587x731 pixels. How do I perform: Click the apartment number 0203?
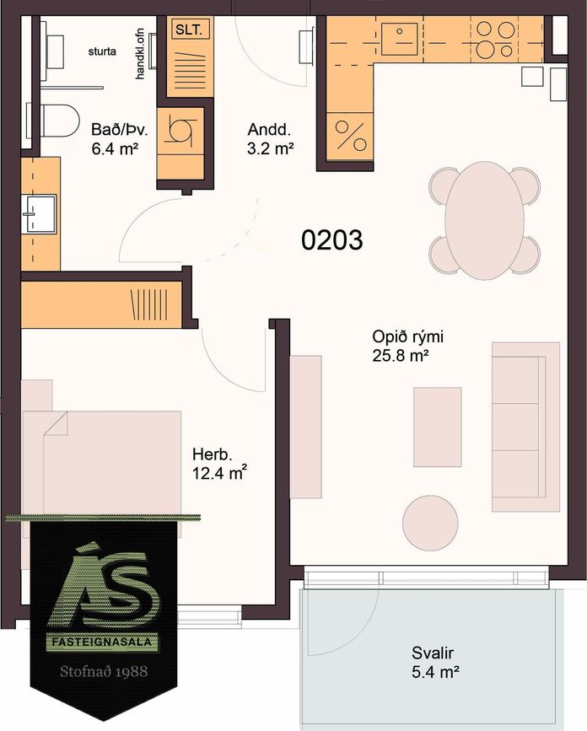(x=331, y=240)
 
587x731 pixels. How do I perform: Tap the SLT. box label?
(x=189, y=30)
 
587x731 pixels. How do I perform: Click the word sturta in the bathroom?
(x=102, y=51)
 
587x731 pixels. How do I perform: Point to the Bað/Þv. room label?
(x=120, y=130)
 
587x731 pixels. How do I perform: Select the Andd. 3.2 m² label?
(x=271, y=139)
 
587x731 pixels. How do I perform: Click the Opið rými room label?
(x=407, y=336)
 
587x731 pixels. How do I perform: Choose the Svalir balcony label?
(x=433, y=653)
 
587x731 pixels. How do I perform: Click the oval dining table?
(x=485, y=221)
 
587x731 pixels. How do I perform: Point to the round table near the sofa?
(x=430, y=523)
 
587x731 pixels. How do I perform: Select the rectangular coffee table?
(x=438, y=427)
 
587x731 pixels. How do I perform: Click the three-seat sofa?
(x=525, y=427)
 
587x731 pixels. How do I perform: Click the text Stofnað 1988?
(x=104, y=671)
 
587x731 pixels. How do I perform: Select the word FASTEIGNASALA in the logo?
(x=102, y=642)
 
